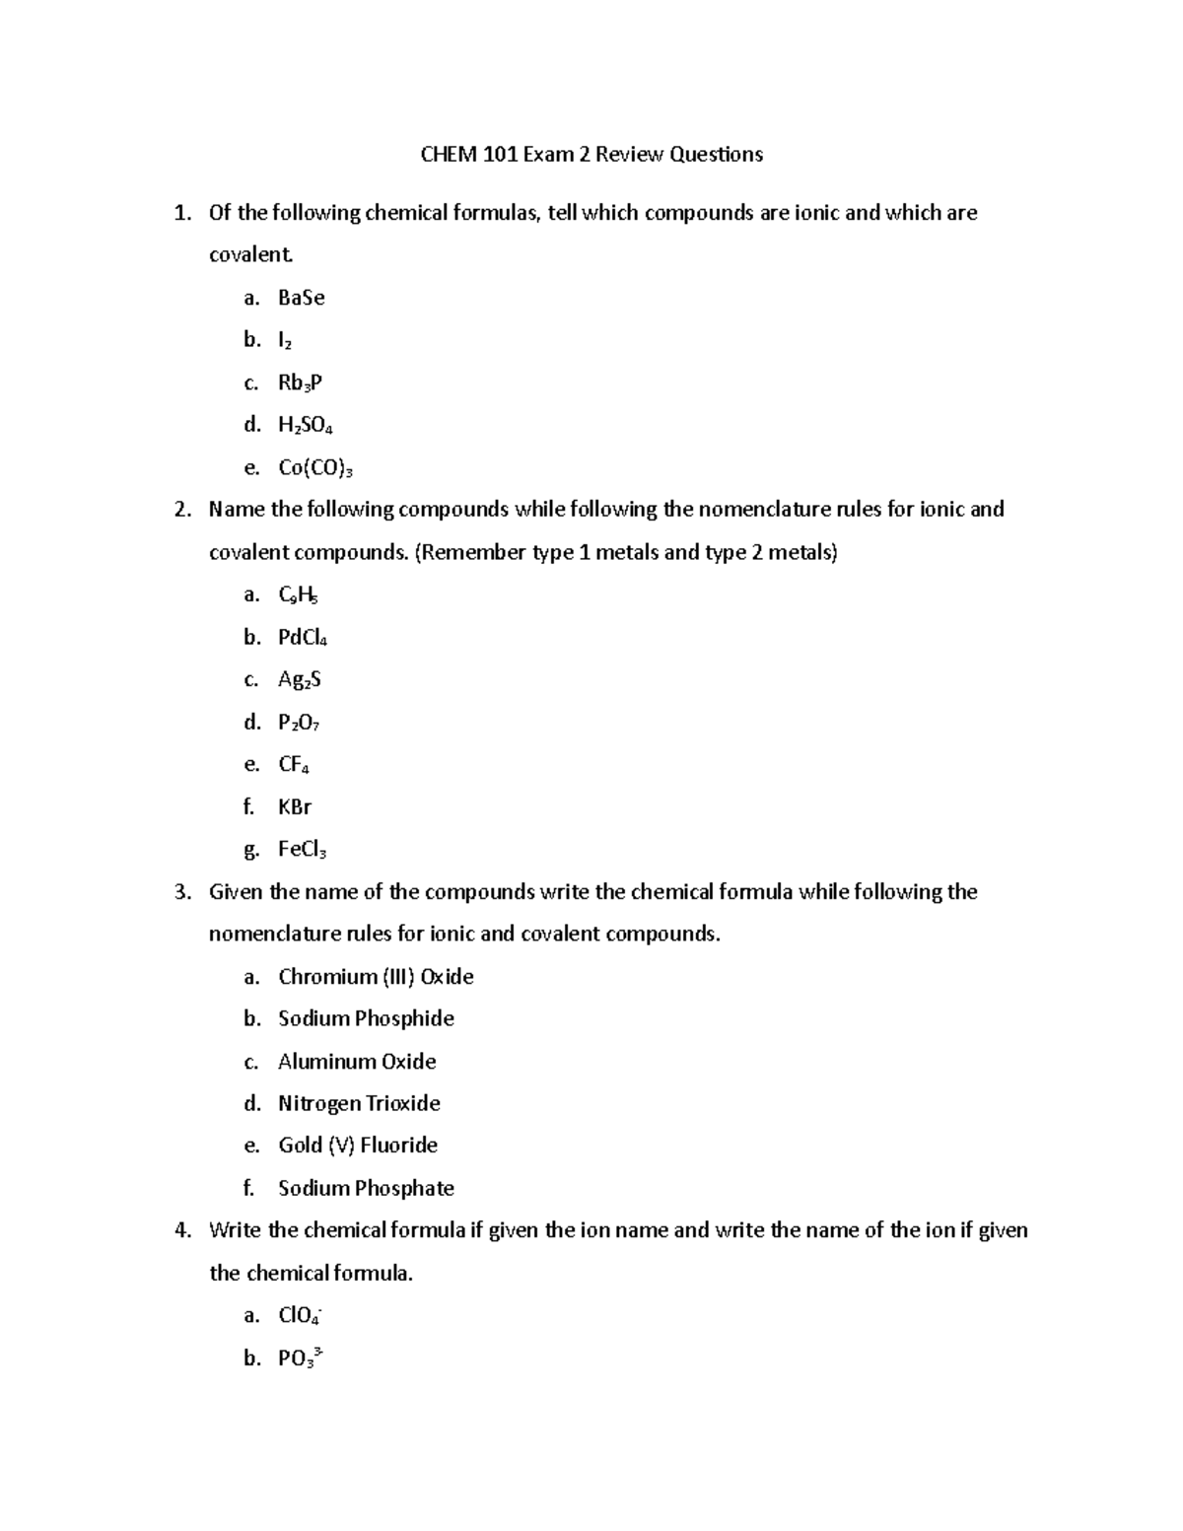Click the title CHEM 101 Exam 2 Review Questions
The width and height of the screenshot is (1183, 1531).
(591, 154)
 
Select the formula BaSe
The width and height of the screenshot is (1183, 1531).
(301, 298)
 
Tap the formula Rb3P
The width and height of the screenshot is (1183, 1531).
(300, 383)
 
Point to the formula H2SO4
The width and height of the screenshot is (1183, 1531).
(306, 426)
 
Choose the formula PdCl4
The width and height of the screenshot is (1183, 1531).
(303, 638)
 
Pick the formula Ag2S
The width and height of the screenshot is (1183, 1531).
(300, 680)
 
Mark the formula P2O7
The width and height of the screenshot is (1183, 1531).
(300, 723)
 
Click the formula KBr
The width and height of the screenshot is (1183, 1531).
(295, 807)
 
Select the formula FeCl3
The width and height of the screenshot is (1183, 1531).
(302, 850)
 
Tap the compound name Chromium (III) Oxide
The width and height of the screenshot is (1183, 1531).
(376, 977)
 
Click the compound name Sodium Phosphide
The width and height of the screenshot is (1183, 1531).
(366, 1018)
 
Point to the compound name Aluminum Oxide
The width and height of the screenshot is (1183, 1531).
(357, 1062)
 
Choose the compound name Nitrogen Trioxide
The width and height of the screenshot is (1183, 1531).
(359, 1103)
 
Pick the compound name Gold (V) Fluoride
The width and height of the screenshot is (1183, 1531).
(358, 1146)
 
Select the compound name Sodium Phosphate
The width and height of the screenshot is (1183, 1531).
(366, 1188)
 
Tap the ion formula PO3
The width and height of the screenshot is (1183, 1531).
(301, 1357)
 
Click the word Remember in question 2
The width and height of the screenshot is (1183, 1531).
(472, 552)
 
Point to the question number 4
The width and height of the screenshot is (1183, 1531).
(181, 1230)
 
